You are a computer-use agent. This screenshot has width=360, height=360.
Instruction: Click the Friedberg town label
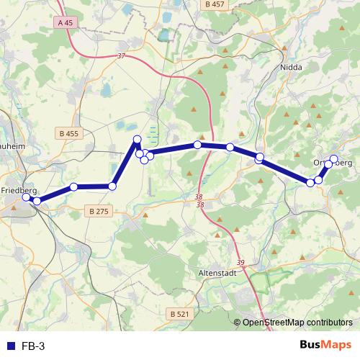point(19,191)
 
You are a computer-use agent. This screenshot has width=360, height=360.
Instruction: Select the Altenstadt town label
point(216,274)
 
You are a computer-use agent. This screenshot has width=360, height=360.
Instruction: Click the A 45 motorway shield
point(64,22)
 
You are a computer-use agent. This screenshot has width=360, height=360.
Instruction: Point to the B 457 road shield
point(215,4)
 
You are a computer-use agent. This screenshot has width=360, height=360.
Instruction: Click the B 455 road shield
point(70,133)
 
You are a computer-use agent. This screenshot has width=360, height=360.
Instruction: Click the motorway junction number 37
point(120,56)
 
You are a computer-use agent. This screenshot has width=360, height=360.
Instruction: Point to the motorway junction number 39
point(240,263)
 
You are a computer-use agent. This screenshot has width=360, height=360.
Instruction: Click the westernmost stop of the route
point(27,197)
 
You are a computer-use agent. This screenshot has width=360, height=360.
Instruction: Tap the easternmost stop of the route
point(333,159)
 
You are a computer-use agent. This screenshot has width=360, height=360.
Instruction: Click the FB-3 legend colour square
point(11,346)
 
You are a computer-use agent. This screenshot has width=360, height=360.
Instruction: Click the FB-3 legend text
point(33,346)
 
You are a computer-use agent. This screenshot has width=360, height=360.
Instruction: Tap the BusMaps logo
point(325,345)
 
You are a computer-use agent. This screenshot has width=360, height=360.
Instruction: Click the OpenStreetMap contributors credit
point(297,323)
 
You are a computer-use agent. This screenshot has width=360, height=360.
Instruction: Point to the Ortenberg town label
point(333,163)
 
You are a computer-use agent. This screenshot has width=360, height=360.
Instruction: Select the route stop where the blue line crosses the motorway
point(197,145)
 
